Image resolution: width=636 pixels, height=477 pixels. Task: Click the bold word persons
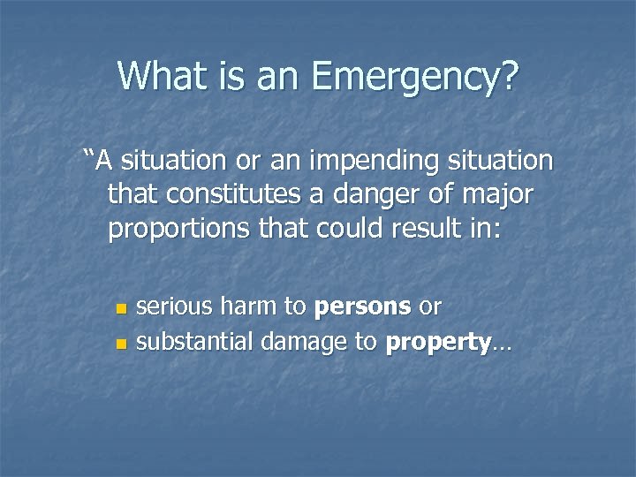click(x=362, y=307)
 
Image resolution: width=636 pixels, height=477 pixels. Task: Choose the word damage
click(x=299, y=342)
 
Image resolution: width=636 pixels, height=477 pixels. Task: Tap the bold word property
click(x=436, y=342)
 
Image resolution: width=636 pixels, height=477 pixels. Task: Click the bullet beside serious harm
click(x=121, y=309)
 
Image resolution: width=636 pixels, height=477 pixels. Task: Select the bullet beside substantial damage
click(x=121, y=342)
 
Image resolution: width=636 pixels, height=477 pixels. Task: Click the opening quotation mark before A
click(x=88, y=159)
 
